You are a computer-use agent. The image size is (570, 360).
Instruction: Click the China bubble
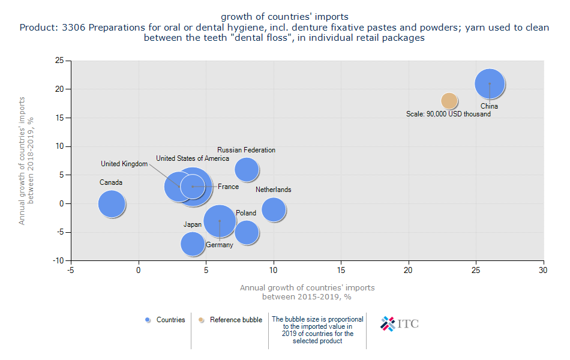pos(490,85)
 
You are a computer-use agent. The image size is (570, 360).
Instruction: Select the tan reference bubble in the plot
pos(449,101)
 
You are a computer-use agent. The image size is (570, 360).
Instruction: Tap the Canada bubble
pos(112,203)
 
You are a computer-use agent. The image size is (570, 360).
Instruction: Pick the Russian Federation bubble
pos(247,169)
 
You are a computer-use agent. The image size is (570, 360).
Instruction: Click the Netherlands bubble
pos(274,209)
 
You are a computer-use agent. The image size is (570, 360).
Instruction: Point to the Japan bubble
pos(193,244)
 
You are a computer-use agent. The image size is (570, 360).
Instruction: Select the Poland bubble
pos(247,232)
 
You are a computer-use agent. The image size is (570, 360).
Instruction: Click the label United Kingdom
pos(124,164)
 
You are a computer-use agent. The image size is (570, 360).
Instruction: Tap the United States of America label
pos(193,158)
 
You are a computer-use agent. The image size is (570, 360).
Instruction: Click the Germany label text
pos(219,245)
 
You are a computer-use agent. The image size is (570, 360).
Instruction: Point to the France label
pos(228,187)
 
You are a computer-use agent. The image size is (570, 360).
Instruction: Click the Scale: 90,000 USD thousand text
pos(448,114)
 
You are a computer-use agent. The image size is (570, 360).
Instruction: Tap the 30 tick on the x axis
pos(544,270)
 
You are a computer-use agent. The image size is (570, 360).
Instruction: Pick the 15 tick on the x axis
pos(341,270)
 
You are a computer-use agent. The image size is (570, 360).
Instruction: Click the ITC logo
pos(400,323)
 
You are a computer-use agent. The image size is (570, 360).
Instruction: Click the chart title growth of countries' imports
pos(284,16)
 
